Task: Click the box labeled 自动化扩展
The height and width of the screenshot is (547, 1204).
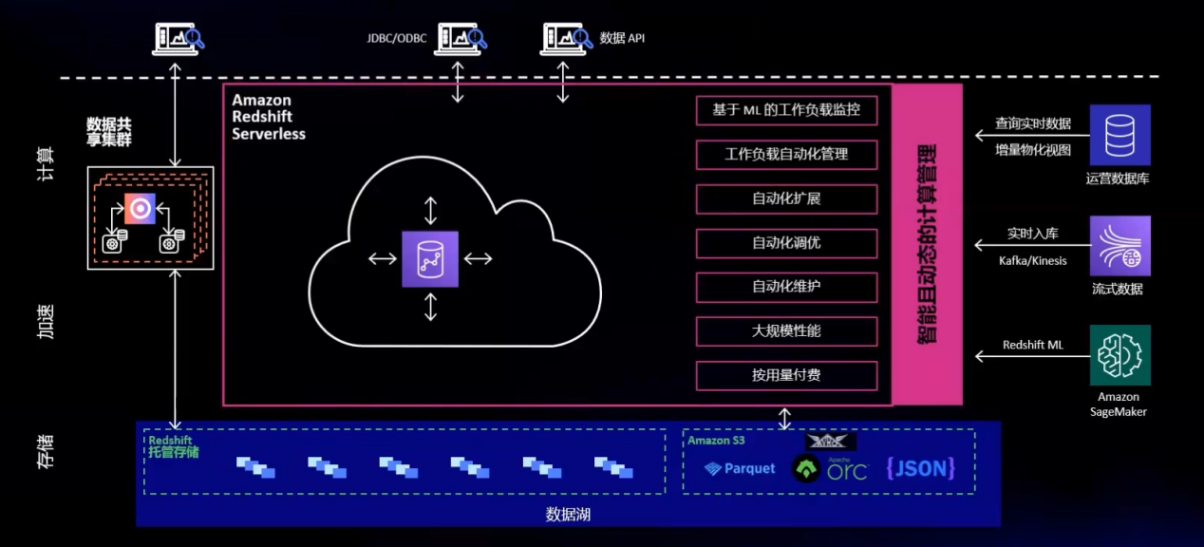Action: click(x=785, y=199)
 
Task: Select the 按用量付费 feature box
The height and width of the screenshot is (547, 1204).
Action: click(x=785, y=375)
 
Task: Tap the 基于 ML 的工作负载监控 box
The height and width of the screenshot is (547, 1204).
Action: click(x=785, y=110)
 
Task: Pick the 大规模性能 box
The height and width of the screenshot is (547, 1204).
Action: click(x=785, y=331)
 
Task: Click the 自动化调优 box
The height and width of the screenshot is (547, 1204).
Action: click(x=785, y=243)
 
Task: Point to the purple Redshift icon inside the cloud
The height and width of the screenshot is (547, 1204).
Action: click(x=429, y=258)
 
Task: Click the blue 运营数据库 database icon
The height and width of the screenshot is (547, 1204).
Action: click(x=1120, y=135)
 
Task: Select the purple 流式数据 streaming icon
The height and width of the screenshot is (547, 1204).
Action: click(x=1120, y=245)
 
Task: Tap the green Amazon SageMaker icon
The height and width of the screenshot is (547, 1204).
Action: click(x=1120, y=354)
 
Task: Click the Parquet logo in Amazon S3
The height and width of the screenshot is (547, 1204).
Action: click(x=740, y=468)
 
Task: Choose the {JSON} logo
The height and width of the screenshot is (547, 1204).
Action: click(x=919, y=467)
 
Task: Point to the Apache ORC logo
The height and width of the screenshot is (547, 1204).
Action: click(x=830, y=468)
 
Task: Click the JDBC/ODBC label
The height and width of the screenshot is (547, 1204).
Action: click(x=397, y=39)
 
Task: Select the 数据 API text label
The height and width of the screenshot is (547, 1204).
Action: click(x=622, y=39)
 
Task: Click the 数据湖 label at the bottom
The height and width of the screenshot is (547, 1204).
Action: click(x=568, y=515)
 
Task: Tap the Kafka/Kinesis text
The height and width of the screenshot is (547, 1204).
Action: click(x=1032, y=261)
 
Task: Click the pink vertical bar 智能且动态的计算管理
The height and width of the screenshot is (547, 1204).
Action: click(x=927, y=244)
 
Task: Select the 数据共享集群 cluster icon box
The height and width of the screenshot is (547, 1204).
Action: click(x=150, y=217)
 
